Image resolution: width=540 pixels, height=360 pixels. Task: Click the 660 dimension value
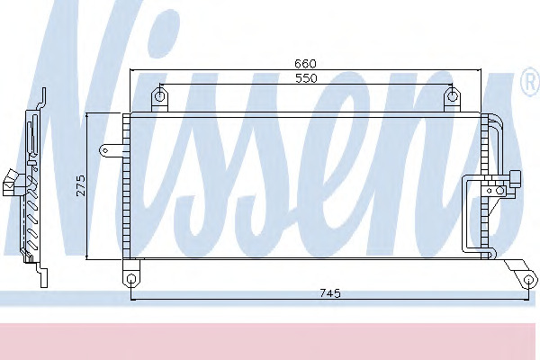click(x=305, y=64)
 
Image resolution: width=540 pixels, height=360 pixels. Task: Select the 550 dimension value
click(x=306, y=78)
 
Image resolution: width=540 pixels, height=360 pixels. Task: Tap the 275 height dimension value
click(x=80, y=185)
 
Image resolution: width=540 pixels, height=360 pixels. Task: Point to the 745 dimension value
click(x=330, y=293)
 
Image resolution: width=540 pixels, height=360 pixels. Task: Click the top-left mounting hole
click(x=159, y=95)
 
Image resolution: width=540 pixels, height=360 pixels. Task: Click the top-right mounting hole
click(x=452, y=96)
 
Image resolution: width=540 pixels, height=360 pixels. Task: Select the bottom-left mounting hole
click(x=131, y=278)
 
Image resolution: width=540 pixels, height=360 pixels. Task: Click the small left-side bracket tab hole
click(x=105, y=150)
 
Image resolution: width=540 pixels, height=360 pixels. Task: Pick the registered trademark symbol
click(x=530, y=82)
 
